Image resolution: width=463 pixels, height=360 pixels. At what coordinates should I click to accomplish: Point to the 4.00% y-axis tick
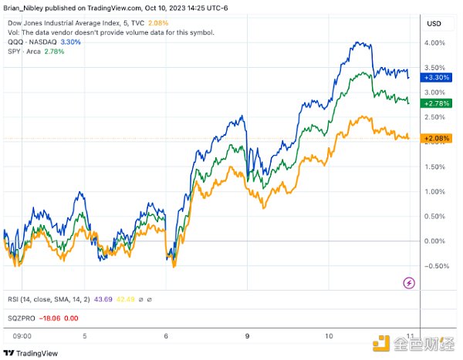tap(434, 42)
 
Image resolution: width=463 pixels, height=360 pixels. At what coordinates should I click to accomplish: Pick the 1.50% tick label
tap(434, 167)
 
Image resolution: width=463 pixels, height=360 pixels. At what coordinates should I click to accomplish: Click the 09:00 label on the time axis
tap(22, 336)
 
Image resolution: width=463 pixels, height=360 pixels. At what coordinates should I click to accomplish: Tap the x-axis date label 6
tap(166, 336)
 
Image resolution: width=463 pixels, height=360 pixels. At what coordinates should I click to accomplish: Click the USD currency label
tap(434, 24)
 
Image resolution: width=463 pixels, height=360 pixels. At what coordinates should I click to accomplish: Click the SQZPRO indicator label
tap(22, 316)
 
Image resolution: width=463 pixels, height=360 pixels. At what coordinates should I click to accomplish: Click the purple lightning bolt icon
tap(409, 284)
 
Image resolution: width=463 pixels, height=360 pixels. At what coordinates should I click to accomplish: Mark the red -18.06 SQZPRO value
tap(50, 316)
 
